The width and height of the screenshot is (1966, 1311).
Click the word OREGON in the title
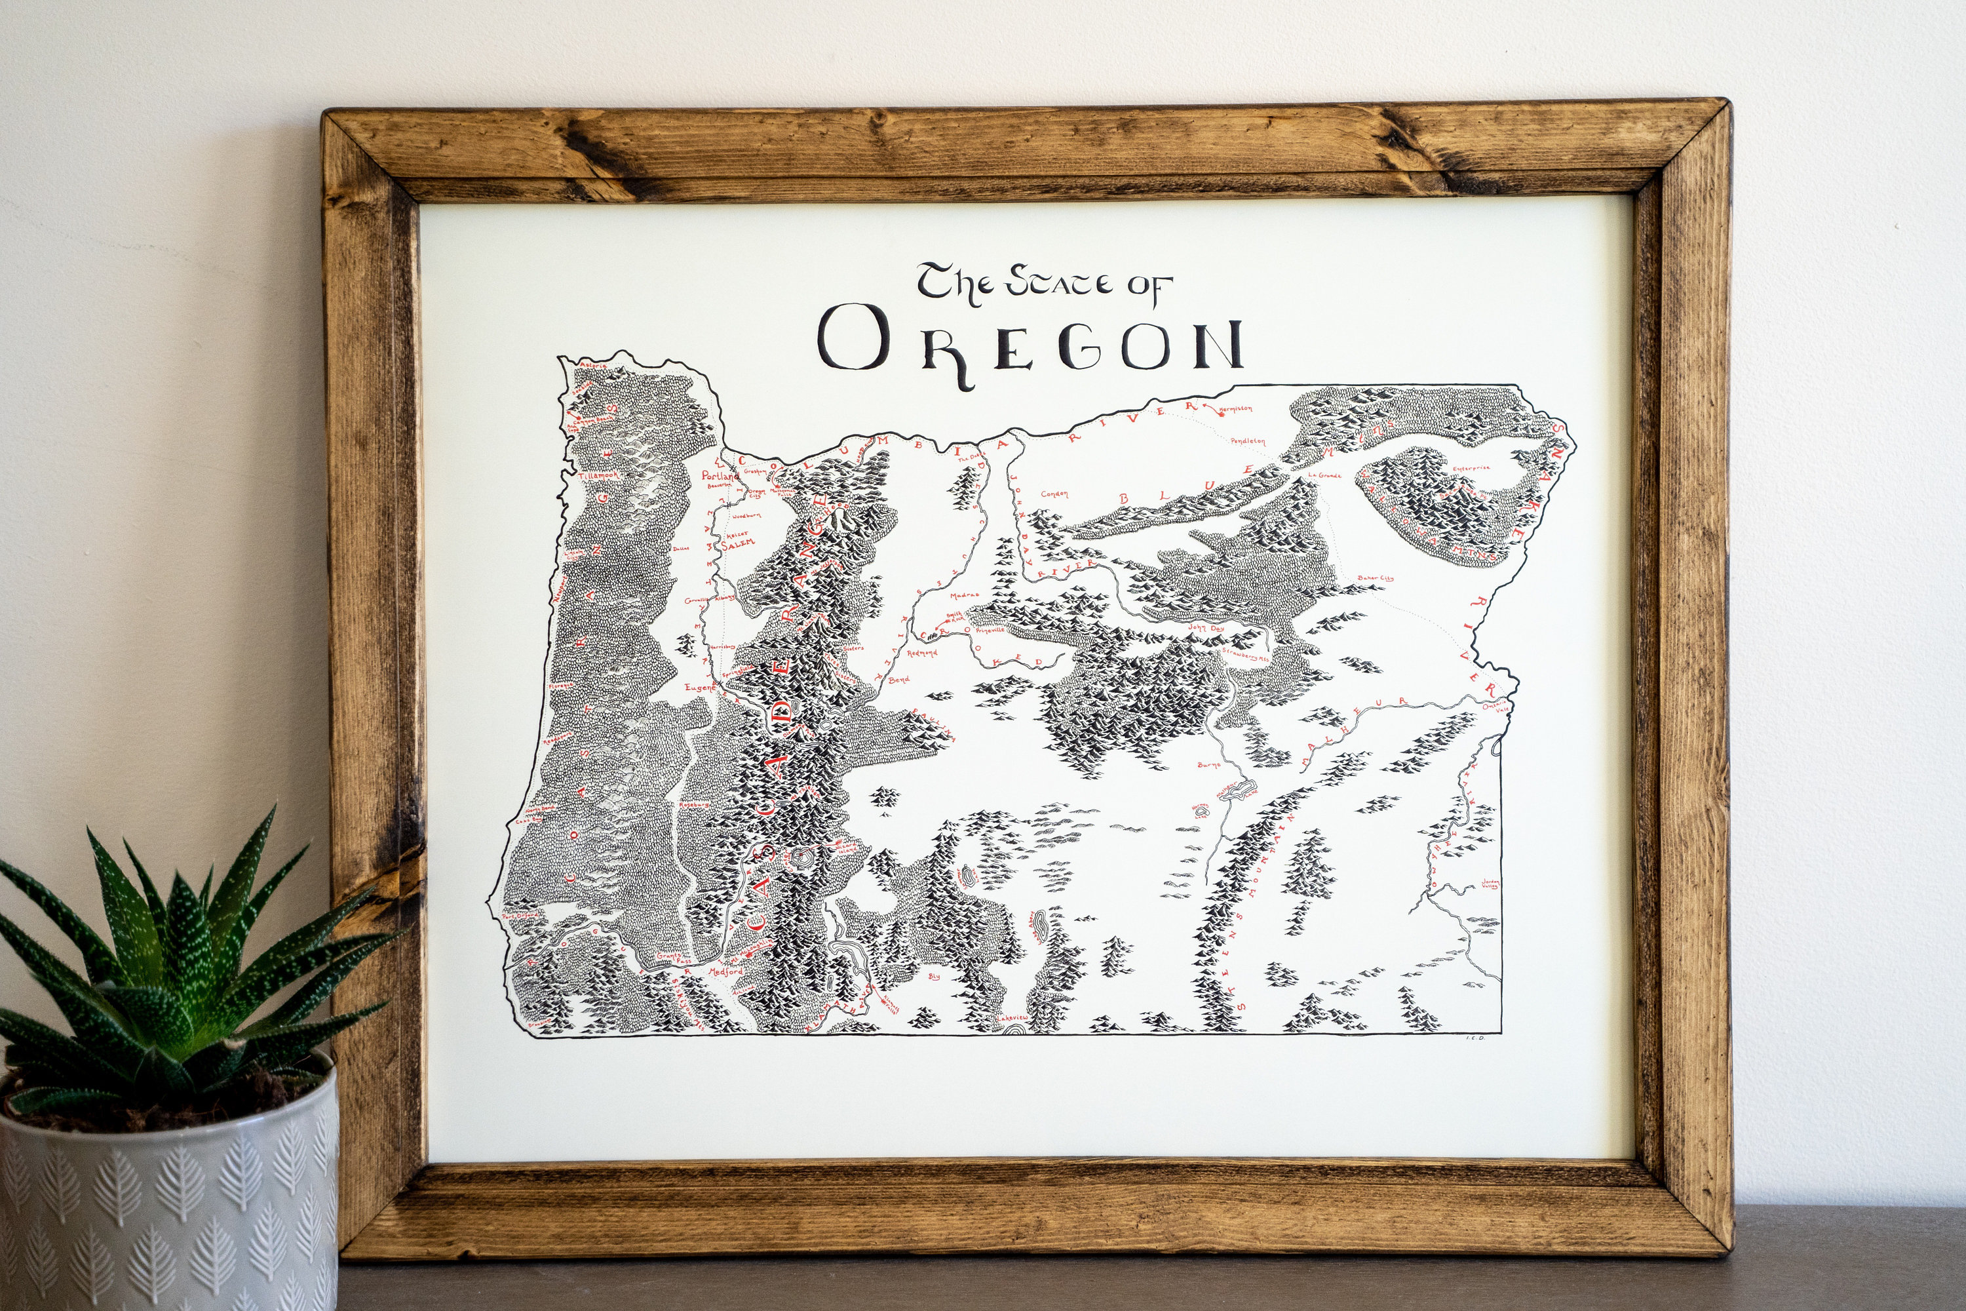pyautogui.click(x=1030, y=347)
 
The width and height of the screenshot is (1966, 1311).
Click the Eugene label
pyautogui.click(x=701, y=686)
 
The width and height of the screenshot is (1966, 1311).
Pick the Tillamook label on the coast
pyautogui.click(x=600, y=475)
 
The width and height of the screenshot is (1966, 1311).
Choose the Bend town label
pyautogui.click(x=898, y=680)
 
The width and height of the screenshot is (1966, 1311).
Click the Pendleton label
pyautogui.click(x=1248, y=441)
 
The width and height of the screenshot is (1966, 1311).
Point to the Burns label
pyautogui.click(x=1208, y=764)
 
